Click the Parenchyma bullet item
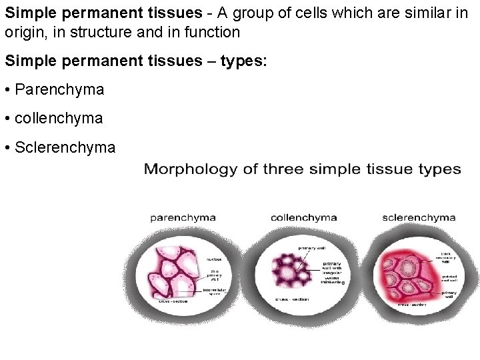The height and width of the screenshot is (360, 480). [59, 89]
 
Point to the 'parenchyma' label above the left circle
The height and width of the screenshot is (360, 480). [183, 217]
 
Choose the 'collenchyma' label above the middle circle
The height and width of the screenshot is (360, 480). [303, 217]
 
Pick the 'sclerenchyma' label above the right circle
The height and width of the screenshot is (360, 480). [419, 217]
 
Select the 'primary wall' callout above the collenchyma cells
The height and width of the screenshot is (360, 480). [311, 248]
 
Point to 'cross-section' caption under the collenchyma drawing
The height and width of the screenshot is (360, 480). [292, 299]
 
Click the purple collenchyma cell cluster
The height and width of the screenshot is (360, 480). [291, 269]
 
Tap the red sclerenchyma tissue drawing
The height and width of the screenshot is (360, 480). [407, 273]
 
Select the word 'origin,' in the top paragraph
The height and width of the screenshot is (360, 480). [26, 31]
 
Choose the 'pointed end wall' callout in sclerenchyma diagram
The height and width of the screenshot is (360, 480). [447, 276]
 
